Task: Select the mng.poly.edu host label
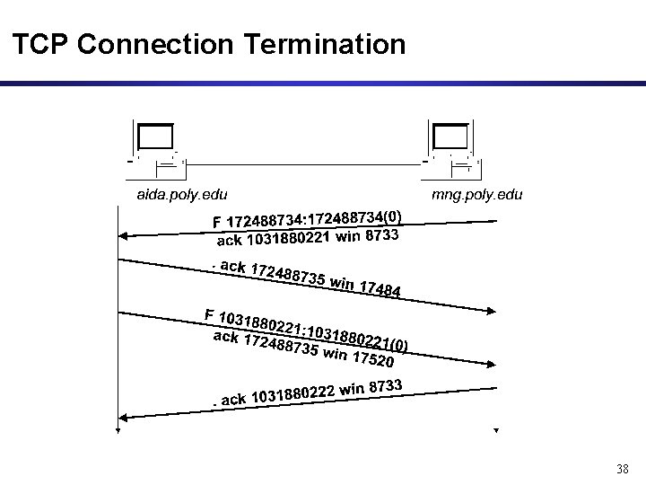click(x=476, y=194)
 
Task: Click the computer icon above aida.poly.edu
click(x=157, y=144)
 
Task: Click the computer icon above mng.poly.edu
click(x=451, y=144)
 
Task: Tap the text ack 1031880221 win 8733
click(x=308, y=238)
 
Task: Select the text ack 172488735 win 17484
click(x=304, y=278)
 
